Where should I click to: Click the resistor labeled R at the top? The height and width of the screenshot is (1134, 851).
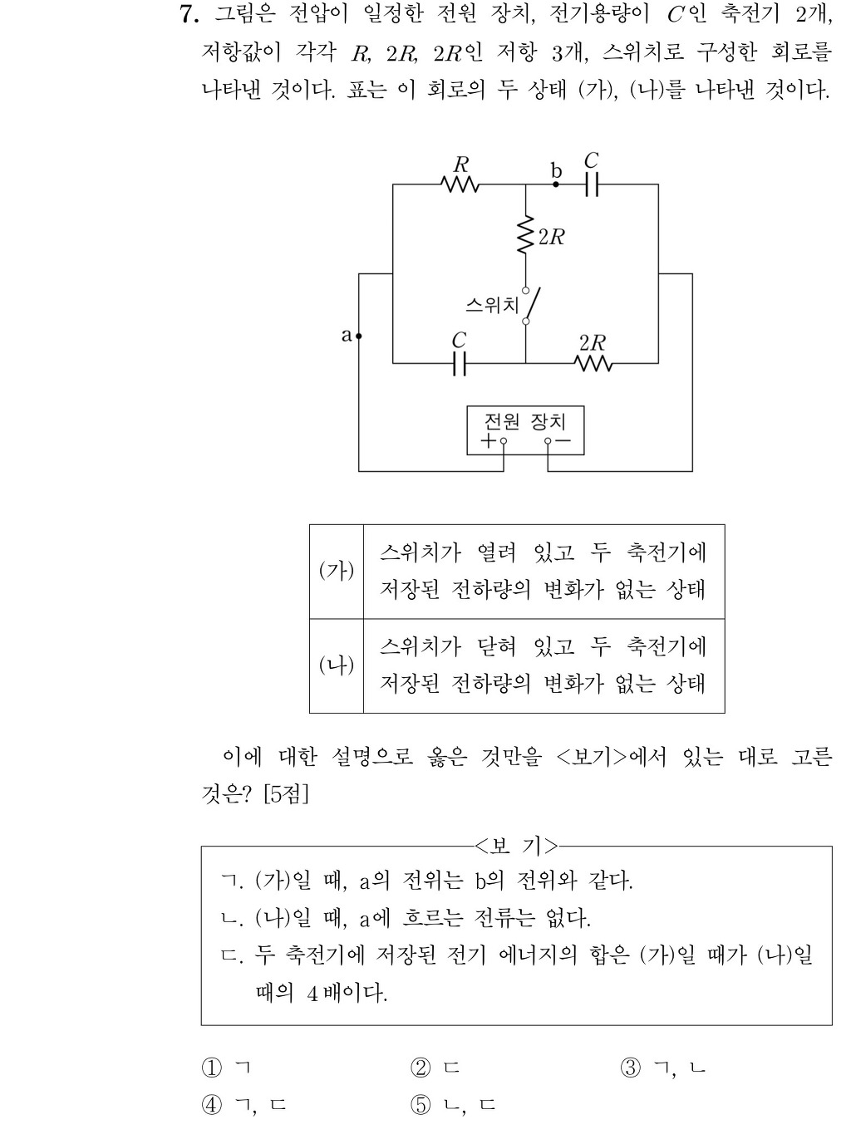[x=460, y=184]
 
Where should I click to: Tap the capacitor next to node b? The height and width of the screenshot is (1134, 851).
[x=593, y=184]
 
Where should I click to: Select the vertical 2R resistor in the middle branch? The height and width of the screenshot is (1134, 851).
[x=525, y=234]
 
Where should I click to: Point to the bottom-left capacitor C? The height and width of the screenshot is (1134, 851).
[x=460, y=363]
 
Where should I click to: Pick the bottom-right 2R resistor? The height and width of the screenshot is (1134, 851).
[x=593, y=364]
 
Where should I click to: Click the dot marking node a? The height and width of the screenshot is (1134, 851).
[x=358, y=336]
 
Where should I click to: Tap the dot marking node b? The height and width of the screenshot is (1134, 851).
[x=555, y=184]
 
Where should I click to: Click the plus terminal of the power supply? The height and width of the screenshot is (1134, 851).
[x=504, y=441]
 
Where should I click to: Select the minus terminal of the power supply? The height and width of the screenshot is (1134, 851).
[x=548, y=441]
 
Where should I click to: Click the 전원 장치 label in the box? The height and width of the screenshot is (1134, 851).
[x=525, y=422]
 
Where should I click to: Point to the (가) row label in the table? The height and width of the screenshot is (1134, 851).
[x=337, y=571]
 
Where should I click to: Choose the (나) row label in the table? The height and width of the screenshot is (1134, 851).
[x=337, y=665]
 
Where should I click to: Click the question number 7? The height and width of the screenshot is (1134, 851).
[x=189, y=14]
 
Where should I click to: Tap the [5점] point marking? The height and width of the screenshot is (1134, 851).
[x=286, y=794]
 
